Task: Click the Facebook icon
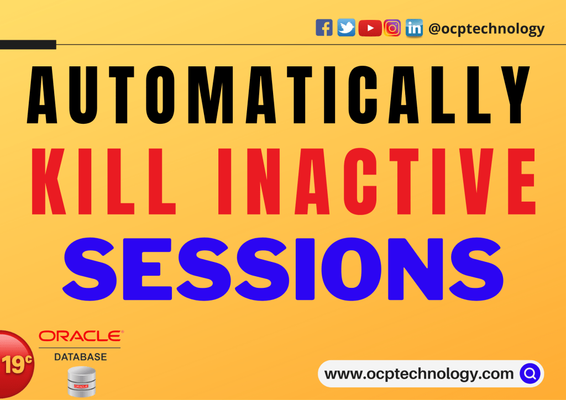click(324, 28)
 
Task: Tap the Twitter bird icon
click(347, 28)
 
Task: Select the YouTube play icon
click(370, 28)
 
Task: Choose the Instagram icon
click(392, 28)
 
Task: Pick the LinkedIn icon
click(414, 28)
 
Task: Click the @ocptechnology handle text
click(486, 29)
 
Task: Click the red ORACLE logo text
click(81, 336)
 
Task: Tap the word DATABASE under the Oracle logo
click(80, 357)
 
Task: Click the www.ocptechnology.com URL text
click(419, 374)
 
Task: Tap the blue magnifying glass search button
click(530, 374)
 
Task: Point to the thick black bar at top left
click(28, 44)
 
